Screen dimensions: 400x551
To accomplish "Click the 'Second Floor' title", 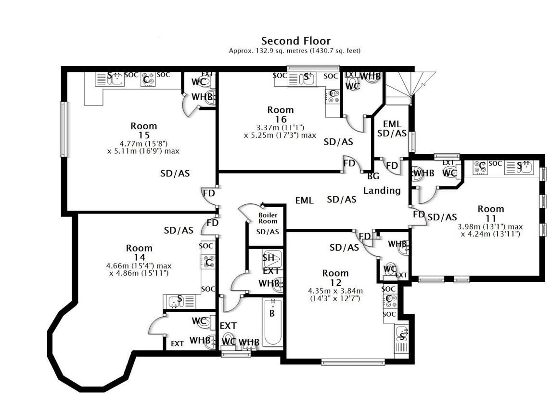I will click(x=295, y=41).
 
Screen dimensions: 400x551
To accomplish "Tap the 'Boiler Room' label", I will click(x=268, y=218).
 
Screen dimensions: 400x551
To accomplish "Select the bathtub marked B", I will click(x=272, y=321).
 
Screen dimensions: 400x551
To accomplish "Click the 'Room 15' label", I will click(x=143, y=131).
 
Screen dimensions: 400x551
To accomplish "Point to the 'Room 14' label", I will click(x=139, y=253).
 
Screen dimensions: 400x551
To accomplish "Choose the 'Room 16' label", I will click(x=281, y=114).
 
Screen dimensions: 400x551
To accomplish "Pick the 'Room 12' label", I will click(x=335, y=278).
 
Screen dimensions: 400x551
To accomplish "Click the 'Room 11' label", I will click(x=491, y=213).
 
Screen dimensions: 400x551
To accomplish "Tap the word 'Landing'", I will click(x=382, y=190).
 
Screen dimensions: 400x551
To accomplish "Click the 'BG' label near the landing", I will click(x=373, y=176).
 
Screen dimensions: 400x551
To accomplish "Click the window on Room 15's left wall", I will click(x=63, y=129).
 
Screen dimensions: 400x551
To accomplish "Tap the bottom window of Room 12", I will click(x=353, y=362).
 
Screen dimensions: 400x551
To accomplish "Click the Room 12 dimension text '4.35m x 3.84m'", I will click(x=335, y=291).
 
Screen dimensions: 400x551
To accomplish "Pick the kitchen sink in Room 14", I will click(x=179, y=301).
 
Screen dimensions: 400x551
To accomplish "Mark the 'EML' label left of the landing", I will click(x=304, y=200).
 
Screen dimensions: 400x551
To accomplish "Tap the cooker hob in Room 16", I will click(x=332, y=96).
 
